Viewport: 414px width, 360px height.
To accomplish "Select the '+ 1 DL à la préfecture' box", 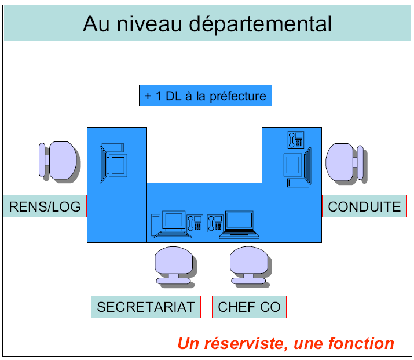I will coord(206,96).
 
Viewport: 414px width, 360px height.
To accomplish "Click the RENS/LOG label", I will coord(45,206).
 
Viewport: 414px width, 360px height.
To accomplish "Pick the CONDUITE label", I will coord(364,206).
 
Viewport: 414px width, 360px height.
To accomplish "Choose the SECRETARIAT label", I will coord(145,307).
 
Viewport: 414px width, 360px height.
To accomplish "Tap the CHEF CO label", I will coord(249,307).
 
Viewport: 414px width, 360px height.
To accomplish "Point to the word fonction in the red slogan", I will coord(364,343).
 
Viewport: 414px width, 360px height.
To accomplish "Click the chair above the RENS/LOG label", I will coord(58,161).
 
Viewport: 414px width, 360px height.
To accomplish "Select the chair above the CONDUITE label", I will coord(345,162).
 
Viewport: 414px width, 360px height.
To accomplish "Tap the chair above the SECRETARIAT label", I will coord(174,267).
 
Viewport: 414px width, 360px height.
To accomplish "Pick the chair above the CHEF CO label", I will coord(248,267).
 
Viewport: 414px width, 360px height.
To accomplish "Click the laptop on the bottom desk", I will coord(239,224).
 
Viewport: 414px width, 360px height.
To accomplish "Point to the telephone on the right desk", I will coord(295,140).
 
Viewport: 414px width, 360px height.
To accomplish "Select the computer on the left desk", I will coord(113,162).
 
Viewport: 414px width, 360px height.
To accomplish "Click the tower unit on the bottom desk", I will coord(155,225).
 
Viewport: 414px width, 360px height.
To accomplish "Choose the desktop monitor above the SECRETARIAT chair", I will coord(174,221).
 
